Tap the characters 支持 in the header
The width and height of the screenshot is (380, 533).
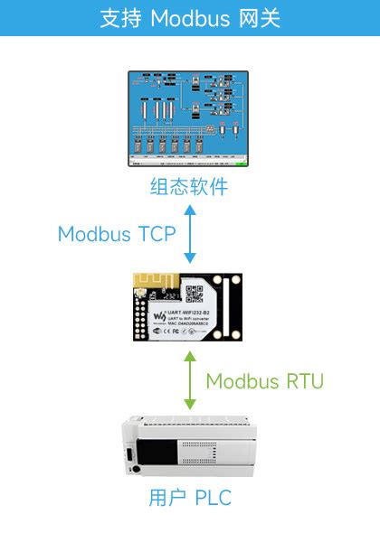[x=121, y=18]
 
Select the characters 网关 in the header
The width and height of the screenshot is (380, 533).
[x=257, y=18]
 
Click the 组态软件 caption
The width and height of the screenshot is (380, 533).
[x=189, y=188]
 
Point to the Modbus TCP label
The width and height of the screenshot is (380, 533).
[x=117, y=233]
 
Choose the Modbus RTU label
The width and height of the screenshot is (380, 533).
[x=264, y=380]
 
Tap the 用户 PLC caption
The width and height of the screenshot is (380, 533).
[x=189, y=498]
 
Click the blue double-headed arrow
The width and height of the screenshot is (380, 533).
[x=189, y=233]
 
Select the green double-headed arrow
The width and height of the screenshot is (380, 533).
[x=189, y=380]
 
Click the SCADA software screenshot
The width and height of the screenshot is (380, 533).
[x=188, y=119]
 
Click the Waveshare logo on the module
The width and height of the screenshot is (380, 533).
[x=159, y=315]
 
